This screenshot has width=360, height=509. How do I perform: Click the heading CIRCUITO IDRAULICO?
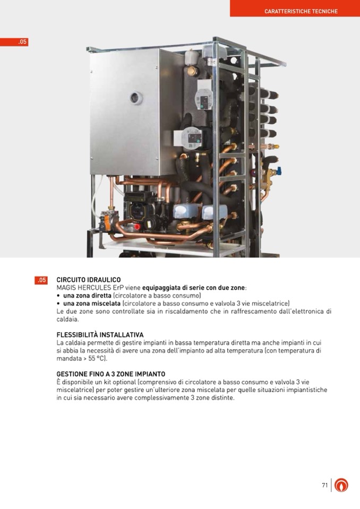pos(89,280)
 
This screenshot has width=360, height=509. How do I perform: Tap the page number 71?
pos(324,485)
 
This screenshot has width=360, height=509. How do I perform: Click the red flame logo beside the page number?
pos(341,485)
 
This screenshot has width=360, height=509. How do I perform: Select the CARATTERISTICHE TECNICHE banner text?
pos(301,11)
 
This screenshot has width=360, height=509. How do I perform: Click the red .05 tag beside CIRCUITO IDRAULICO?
pos(41,280)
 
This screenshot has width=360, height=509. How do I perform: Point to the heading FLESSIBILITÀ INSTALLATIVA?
pos(100,335)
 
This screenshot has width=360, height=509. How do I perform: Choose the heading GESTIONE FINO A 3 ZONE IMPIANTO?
pos(110,374)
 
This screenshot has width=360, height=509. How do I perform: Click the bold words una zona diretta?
pos(87,296)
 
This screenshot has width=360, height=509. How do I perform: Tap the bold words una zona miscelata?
pos(92,304)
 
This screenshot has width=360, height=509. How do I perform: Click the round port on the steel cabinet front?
pos(136,98)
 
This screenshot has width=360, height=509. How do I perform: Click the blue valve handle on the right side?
pos(279,171)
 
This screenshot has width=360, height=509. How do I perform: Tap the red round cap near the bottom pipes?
pos(137,227)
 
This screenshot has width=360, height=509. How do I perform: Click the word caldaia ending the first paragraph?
pos(67,319)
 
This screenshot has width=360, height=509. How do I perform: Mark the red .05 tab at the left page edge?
pos(14,42)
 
